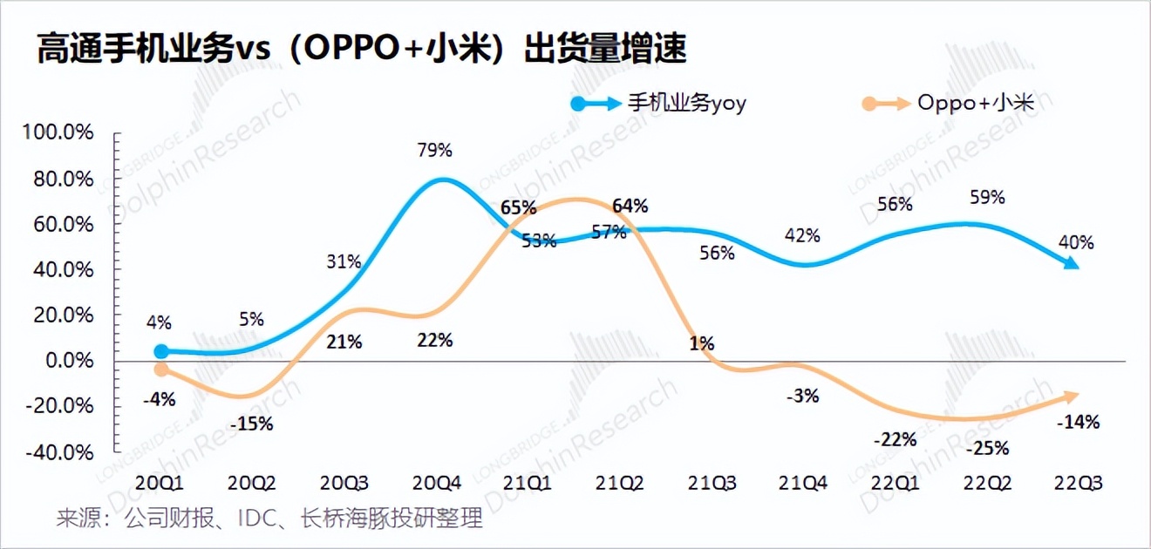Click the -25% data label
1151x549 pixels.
coord(987,449)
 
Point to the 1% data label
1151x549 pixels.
coord(701,343)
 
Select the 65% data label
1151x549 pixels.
coord(519,207)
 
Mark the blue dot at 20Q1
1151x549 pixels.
coord(161,351)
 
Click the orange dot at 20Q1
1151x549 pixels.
coord(161,369)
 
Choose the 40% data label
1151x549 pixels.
coord(1076,242)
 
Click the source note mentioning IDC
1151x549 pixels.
coord(269,520)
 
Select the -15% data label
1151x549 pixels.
coord(252,424)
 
